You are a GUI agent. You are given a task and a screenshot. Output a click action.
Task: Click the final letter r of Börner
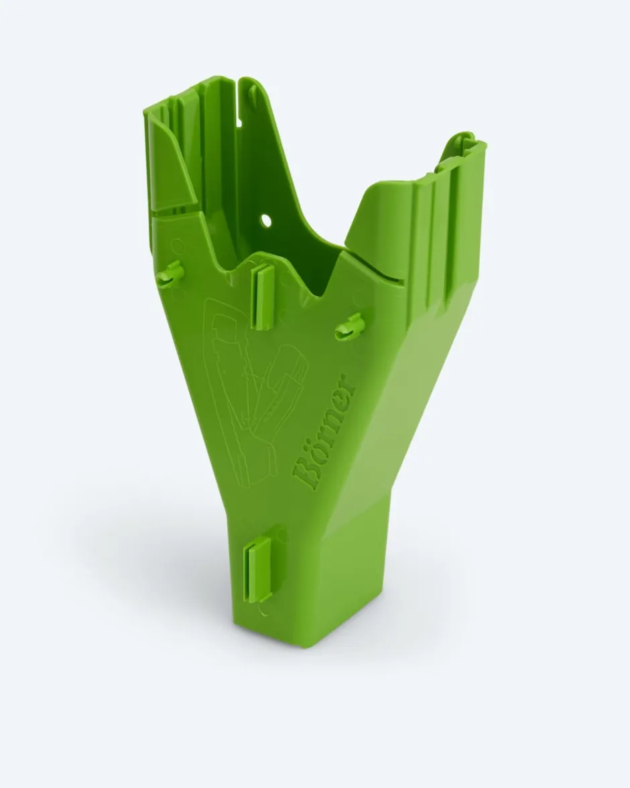click(x=347, y=381)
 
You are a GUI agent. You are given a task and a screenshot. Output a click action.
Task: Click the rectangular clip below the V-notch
click(x=263, y=298)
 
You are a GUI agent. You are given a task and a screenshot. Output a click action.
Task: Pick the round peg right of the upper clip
click(x=349, y=326)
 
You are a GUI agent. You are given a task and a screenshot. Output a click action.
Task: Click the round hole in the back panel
click(x=265, y=220)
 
